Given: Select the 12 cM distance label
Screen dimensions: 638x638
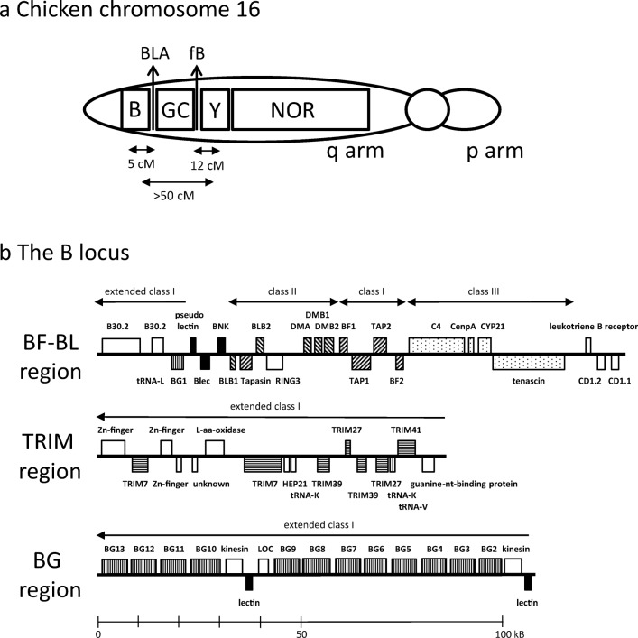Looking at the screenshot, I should tap(208, 166).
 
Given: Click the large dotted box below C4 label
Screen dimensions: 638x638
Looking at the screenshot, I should tap(437, 345).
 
